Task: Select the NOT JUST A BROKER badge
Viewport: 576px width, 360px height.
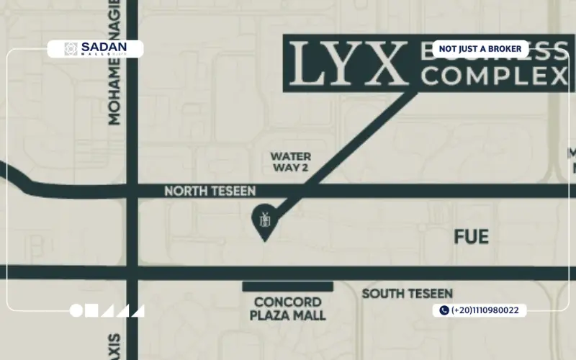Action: point(480,49)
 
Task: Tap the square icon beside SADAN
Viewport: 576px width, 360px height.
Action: point(71,48)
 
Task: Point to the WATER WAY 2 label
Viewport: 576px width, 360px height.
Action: point(290,162)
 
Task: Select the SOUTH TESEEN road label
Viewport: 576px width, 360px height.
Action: point(407,294)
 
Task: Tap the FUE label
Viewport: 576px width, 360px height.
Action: point(472,237)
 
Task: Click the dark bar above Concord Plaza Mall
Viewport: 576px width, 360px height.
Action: point(287,287)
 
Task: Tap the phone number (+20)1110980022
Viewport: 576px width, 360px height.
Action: point(488,310)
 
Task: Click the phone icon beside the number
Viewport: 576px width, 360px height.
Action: point(444,310)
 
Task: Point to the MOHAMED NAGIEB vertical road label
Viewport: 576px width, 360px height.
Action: point(114,65)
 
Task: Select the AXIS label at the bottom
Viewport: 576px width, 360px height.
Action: point(115,344)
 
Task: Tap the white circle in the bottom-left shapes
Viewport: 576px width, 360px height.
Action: point(76,311)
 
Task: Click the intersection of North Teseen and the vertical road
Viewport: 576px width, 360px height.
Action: point(132,192)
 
